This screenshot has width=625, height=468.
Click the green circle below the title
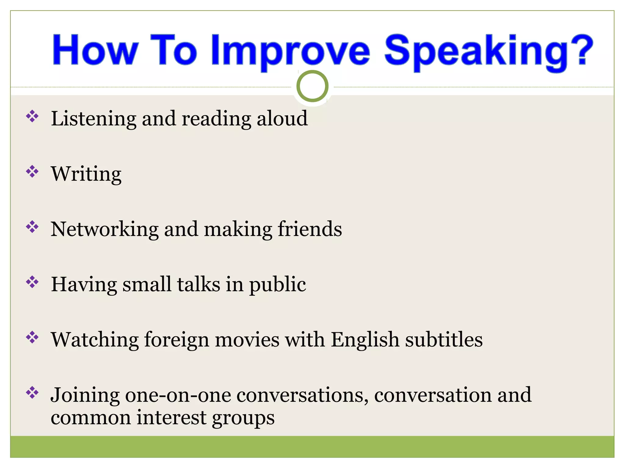coord(312,86)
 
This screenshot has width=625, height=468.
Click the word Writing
coord(86,174)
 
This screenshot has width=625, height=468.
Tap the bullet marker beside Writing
coord(32,172)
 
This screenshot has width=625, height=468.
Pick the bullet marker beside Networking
coord(32,227)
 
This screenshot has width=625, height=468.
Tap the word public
coord(277,285)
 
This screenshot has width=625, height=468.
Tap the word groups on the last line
coord(243,418)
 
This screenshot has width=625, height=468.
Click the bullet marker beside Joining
coord(32,393)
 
